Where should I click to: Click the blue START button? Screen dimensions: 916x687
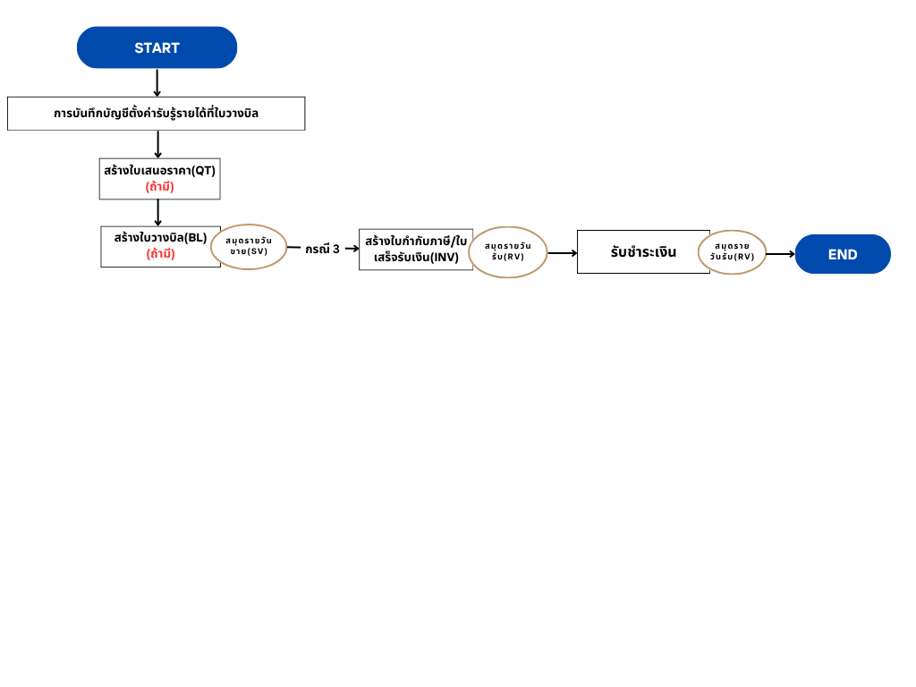click(157, 47)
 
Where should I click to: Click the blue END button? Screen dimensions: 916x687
click(843, 254)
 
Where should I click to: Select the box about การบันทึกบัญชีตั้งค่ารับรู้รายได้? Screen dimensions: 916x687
click(156, 114)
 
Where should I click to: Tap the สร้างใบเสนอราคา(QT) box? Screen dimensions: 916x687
click(159, 179)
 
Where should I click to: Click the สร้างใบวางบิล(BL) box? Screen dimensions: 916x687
click(161, 247)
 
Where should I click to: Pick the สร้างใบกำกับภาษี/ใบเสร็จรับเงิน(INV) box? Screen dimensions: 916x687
click(416, 250)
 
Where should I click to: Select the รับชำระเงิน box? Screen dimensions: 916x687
click(643, 251)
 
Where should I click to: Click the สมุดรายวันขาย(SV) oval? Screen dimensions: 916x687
click(249, 247)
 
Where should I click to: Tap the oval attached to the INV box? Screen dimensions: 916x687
click(508, 251)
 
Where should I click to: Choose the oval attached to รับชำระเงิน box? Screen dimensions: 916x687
click(732, 251)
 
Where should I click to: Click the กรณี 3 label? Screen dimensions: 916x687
click(322, 249)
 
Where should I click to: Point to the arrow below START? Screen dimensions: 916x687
click(157, 83)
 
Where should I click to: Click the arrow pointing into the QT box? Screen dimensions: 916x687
click(157, 144)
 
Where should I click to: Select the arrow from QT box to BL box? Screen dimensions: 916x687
click(157, 213)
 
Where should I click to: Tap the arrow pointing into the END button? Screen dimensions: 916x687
click(780, 254)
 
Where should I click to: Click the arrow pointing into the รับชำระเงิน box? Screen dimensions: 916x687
click(562, 253)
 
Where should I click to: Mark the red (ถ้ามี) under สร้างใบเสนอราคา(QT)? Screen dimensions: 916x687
click(159, 187)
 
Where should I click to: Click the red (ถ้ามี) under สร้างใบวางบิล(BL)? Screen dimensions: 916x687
click(161, 254)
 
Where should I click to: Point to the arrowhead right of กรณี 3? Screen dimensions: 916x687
click(356, 249)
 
